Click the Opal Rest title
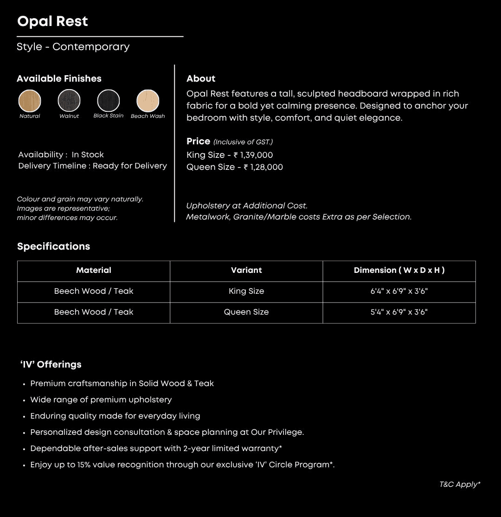tap(52, 21)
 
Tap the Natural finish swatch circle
tap(30, 101)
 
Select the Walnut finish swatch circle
tap(69, 101)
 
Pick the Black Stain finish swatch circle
tap(109, 101)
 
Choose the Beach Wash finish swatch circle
tap(148, 101)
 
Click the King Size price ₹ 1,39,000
tap(253, 155)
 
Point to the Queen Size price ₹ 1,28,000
tap(263, 167)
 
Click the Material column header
tap(94, 270)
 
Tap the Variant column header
tap(246, 270)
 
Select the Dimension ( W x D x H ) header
tap(399, 270)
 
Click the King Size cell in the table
tap(246, 291)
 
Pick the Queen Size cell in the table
tap(246, 312)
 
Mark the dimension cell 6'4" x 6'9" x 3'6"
tap(399, 291)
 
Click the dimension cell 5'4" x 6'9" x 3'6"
tap(399, 312)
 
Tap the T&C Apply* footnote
tap(460, 485)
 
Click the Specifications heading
tap(54, 246)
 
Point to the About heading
tap(201, 79)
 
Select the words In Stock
tap(88, 155)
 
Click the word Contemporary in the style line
tap(91, 47)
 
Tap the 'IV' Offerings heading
tap(51, 365)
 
